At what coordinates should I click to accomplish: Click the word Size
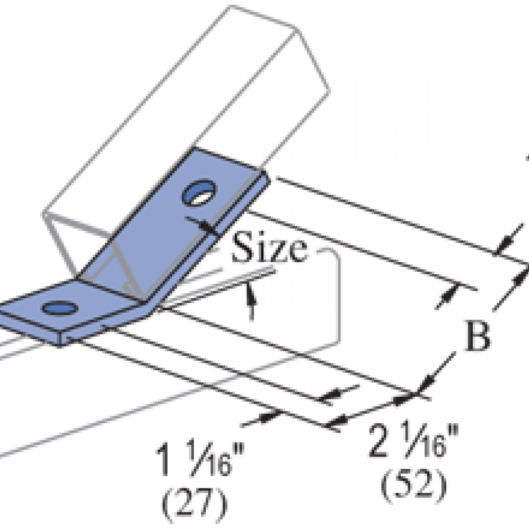(x=270, y=246)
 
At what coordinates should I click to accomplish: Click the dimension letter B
(x=477, y=335)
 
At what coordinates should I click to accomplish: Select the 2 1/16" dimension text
(x=413, y=440)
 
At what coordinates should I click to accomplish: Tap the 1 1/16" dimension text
(x=199, y=459)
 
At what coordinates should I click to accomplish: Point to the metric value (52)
(x=414, y=485)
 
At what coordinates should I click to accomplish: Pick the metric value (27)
(x=195, y=504)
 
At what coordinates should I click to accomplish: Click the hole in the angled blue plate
(x=199, y=192)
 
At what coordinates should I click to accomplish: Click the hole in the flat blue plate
(x=60, y=308)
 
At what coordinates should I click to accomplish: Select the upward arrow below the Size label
(x=250, y=301)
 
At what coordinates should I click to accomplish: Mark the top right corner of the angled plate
(x=263, y=171)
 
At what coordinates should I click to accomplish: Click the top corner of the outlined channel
(x=231, y=6)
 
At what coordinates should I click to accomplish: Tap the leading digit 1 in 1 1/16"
(x=163, y=459)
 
